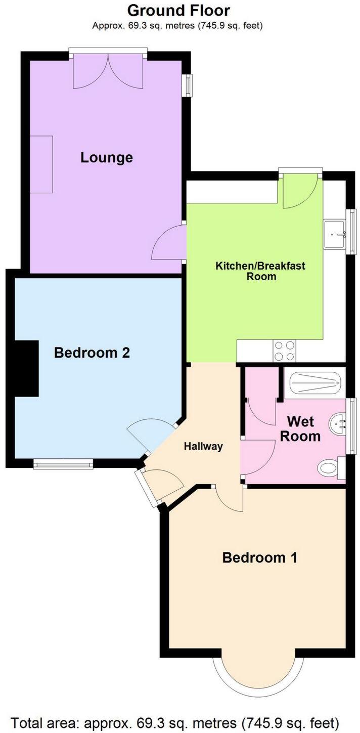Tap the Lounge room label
(x=107, y=157)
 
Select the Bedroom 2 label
(x=92, y=352)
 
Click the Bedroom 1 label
(x=259, y=557)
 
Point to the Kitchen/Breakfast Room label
(x=260, y=271)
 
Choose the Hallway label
(x=203, y=446)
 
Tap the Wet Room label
(x=300, y=428)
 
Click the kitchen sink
(x=335, y=234)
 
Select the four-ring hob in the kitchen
(x=284, y=351)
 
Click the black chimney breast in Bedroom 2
(x=26, y=368)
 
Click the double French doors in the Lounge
(x=108, y=71)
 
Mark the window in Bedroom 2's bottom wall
(x=64, y=463)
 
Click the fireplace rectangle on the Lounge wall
(x=41, y=164)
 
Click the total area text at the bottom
(x=174, y=721)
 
